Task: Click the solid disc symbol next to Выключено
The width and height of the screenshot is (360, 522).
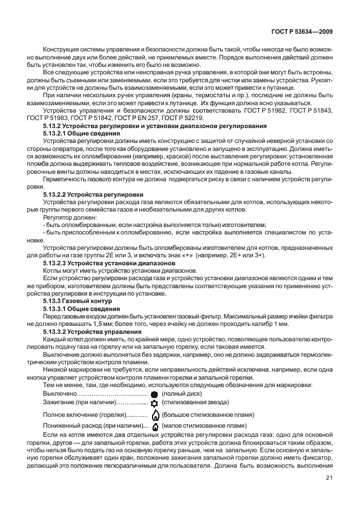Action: (154, 395)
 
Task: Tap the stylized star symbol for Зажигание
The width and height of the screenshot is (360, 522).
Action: (154, 404)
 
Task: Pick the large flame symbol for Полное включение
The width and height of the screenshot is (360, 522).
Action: (154, 415)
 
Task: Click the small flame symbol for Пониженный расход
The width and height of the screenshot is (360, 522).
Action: (154, 426)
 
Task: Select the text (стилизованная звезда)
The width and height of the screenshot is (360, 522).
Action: (195, 404)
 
